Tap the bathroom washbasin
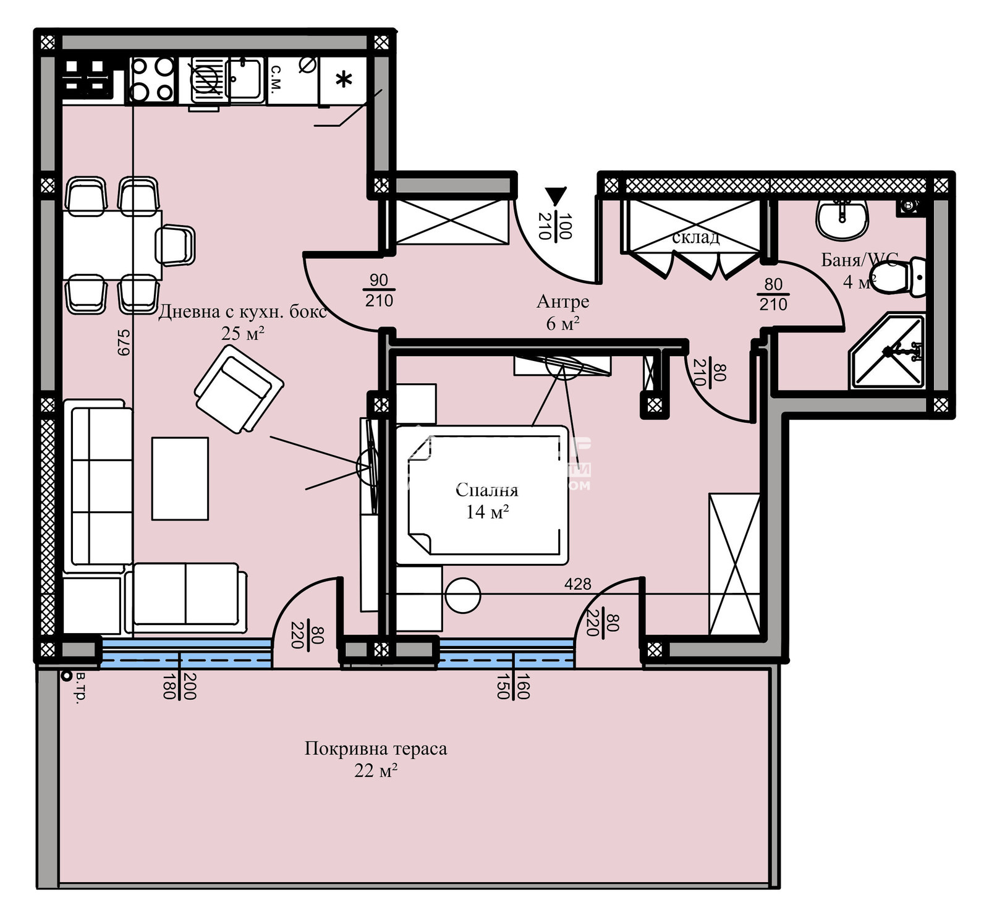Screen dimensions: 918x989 (x=842, y=219)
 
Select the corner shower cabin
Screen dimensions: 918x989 (x=888, y=352)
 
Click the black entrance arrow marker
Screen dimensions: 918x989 (x=555, y=197)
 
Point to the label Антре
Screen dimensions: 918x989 (x=562, y=302)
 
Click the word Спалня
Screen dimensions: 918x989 (x=487, y=490)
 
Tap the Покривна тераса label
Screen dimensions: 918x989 (x=375, y=749)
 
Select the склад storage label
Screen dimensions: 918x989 (x=695, y=237)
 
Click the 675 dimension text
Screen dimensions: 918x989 (x=124, y=342)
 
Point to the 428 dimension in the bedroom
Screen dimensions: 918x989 (x=577, y=584)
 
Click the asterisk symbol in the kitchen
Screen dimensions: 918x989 (x=344, y=80)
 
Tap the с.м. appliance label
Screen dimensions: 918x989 (x=276, y=79)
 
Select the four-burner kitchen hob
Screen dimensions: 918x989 (x=152, y=79)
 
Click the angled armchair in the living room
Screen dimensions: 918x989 (x=239, y=389)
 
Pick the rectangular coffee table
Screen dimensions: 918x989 (x=180, y=478)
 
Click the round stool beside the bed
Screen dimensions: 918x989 (x=462, y=595)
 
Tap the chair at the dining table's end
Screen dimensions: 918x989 (x=176, y=245)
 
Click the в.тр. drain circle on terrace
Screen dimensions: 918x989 (x=66, y=676)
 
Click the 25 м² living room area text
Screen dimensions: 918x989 (x=243, y=334)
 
